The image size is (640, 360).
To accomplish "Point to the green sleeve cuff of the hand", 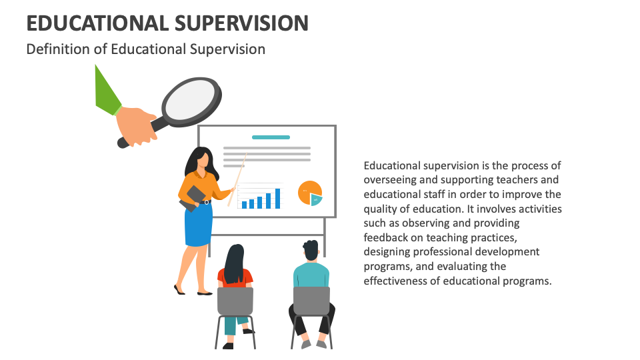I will [x=107, y=93].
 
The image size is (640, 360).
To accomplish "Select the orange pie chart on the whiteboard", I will [x=309, y=191].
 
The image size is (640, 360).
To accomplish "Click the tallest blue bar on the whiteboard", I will [x=277, y=198].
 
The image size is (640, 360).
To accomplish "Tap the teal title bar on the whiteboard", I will [x=271, y=137].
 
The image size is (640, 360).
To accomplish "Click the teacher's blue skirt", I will [x=198, y=223].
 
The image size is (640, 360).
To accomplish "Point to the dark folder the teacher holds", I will [x=193, y=197].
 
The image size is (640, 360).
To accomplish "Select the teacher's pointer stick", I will [x=237, y=180].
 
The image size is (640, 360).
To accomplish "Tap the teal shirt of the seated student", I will [x=311, y=273].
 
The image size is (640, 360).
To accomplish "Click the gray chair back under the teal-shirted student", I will [x=311, y=300].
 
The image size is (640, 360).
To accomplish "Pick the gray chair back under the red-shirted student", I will [x=235, y=301].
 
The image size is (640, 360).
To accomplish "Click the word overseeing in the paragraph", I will [x=389, y=179].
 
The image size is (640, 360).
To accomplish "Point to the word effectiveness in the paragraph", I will [x=396, y=281].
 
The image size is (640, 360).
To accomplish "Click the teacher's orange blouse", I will [x=200, y=183].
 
